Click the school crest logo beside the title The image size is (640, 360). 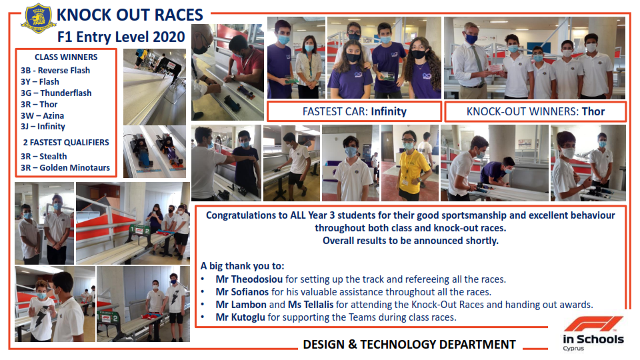tap(39, 18)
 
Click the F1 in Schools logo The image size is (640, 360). tap(593, 333)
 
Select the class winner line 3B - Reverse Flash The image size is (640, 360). tap(55, 70)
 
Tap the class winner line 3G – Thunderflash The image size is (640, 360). tap(56, 93)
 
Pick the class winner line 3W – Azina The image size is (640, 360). tap(43, 115)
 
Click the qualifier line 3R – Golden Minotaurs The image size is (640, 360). tap(65, 167)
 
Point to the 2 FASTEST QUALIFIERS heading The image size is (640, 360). tap(66, 143)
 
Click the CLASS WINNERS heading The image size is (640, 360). tap(66, 57)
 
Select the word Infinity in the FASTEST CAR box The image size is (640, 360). tap(389, 111)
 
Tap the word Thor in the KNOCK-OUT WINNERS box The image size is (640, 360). tap(593, 111)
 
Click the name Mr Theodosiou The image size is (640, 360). tap(249, 279)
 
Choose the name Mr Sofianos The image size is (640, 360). tap(242, 292)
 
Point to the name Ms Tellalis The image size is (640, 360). tap(311, 305)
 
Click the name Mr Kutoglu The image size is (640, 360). tap(241, 317)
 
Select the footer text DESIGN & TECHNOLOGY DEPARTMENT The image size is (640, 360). tap(409, 345)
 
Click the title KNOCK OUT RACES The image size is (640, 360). tap(130, 15)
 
